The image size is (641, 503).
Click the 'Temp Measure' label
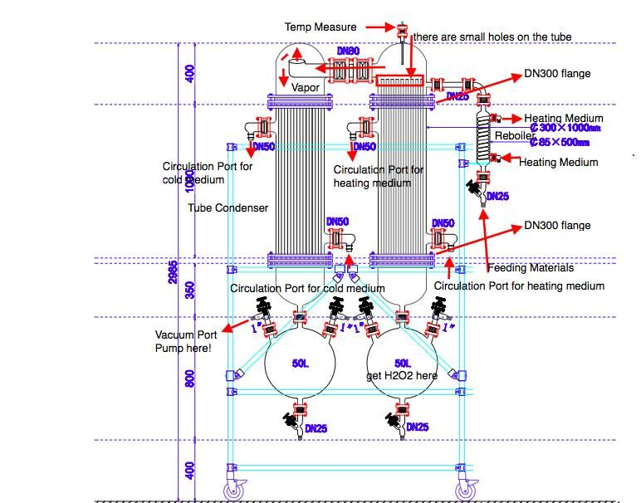point(320,27)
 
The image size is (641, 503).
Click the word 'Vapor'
point(306,86)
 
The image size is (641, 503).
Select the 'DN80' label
point(349,51)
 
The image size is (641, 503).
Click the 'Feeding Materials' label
point(530,267)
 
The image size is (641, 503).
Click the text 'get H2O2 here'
point(402,375)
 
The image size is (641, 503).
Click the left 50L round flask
point(300,364)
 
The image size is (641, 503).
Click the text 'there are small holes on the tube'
point(492,37)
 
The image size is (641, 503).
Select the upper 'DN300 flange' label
point(557,74)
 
